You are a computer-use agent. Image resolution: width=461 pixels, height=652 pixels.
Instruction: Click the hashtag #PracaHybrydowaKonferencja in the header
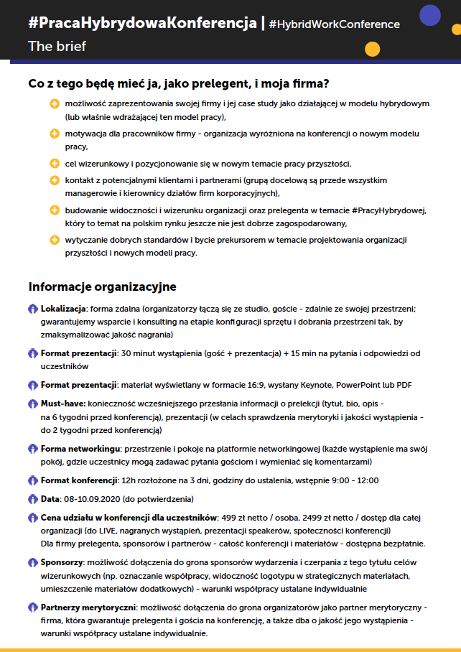pyautogui.click(x=142, y=23)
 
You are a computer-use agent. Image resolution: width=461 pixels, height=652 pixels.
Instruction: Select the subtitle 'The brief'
pyautogui.click(x=57, y=47)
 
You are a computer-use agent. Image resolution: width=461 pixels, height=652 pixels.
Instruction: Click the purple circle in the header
pyautogui.click(x=429, y=15)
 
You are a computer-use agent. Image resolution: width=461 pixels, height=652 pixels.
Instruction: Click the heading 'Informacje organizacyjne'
pyautogui.click(x=102, y=287)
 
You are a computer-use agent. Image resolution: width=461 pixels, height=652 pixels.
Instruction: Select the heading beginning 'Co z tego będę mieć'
pyautogui.click(x=179, y=83)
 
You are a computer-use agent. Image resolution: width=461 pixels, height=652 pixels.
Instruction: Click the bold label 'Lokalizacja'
pyautogui.click(x=63, y=309)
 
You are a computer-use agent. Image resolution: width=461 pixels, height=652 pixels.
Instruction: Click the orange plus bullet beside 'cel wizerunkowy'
pyautogui.click(x=54, y=163)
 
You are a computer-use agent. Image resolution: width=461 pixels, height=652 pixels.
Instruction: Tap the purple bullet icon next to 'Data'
pyautogui.click(x=32, y=498)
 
